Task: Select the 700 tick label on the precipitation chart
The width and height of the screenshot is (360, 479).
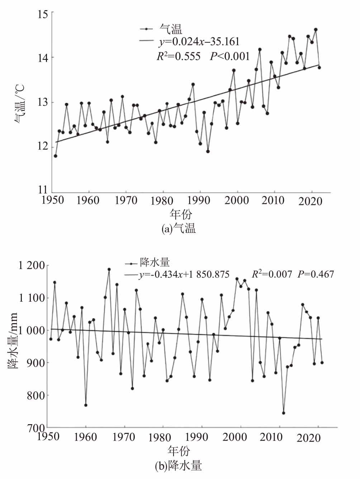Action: pyautogui.click(x=37, y=427)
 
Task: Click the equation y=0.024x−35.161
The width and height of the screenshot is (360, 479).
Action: pyautogui.click(x=199, y=42)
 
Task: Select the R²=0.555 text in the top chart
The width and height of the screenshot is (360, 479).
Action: pyautogui.click(x=179, y=56)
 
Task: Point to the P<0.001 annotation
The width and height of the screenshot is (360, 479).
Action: pyautogui.click(x=230, y=56)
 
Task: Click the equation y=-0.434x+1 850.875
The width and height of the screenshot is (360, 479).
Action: pyautogui.click(x=184, y=274)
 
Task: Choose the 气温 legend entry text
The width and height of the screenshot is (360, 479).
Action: pyautogui.click(x=171, y=29)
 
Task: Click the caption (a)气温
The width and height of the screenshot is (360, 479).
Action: pyautogui.click(x=179, y=229)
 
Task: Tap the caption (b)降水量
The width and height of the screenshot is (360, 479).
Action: pyautogui.click(x=178, y=465)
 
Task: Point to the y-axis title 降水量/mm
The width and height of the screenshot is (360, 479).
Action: pyautogui.click(x=13, y=341)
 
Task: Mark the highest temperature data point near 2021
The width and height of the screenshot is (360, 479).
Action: pyautogui.click(x=316, y=30)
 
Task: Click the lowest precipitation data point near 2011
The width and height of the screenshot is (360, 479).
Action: pyautogui.click(x=284, y=413)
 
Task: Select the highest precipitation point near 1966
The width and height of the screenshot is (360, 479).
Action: pyautogui.click(x=109, y=269)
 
